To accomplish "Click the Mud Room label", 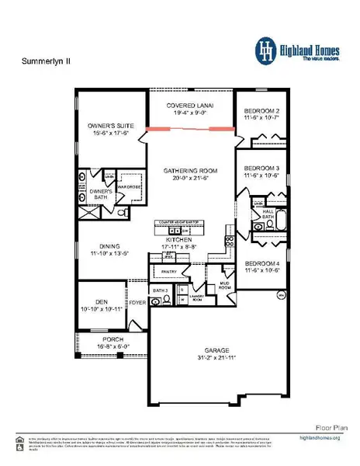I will click(x=225, y=286).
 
